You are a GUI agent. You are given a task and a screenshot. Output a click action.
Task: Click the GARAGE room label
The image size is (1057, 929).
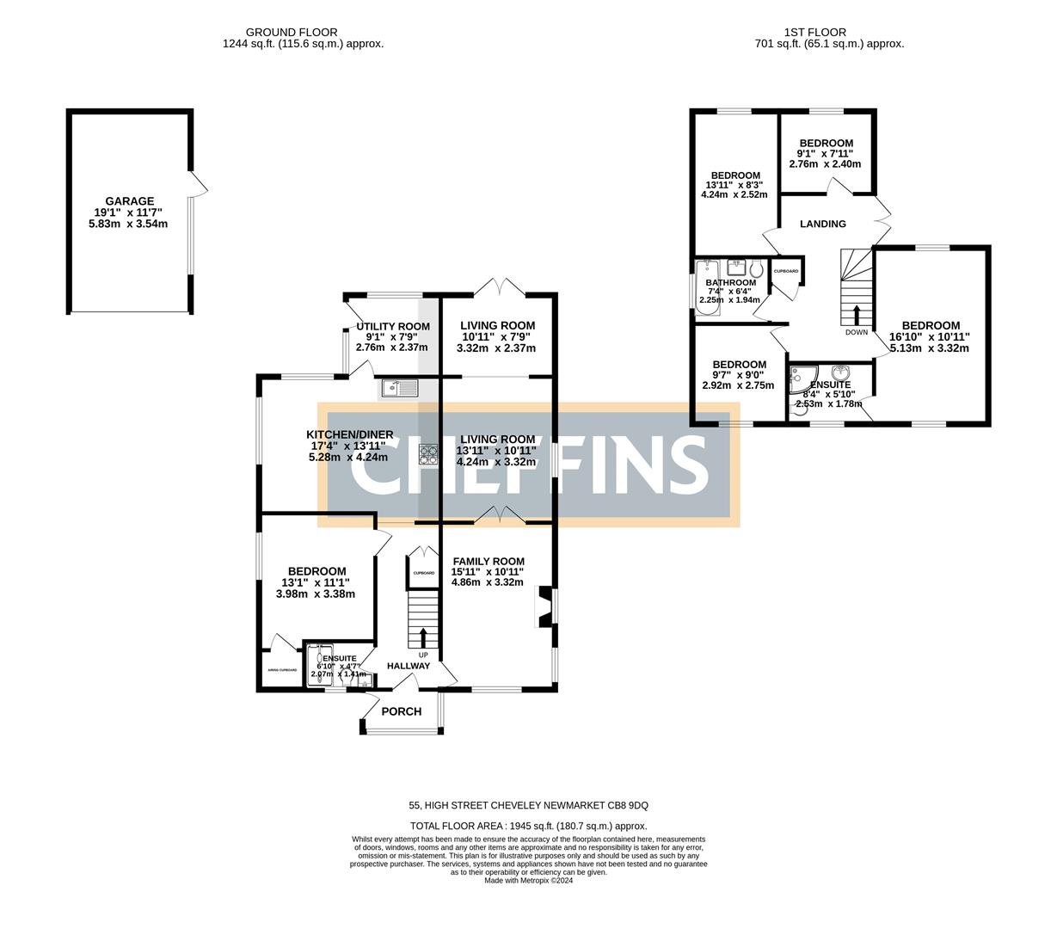pos(129,201)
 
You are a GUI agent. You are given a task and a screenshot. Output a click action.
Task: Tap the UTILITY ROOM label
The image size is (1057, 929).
pos(392,326)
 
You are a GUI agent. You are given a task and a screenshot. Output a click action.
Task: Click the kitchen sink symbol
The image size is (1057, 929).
pos(399,389)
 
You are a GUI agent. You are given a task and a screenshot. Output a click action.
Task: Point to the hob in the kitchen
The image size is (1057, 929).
pos(428,454)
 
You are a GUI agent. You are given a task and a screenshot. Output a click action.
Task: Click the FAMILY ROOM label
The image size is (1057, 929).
pos(488,561)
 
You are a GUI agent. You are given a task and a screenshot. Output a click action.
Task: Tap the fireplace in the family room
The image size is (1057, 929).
pos(543,606)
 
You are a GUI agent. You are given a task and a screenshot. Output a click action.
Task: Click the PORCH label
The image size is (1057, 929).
pos(401,711)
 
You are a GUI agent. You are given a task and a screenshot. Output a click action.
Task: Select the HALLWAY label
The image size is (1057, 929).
pos(408,666)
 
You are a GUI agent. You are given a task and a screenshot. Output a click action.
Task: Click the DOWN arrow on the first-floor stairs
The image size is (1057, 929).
pos(856,315)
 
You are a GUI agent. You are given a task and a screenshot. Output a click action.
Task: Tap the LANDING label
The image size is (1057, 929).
pos(822,224)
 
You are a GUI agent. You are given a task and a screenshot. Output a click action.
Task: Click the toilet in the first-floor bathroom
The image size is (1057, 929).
pos(756,267)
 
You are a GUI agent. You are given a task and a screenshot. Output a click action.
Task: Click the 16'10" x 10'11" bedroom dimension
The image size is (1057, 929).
pos(931,337)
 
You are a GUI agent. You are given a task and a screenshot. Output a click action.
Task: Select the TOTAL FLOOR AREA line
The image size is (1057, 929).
pos(528,826)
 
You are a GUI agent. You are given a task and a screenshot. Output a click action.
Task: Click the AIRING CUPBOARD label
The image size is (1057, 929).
pos(281,670)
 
